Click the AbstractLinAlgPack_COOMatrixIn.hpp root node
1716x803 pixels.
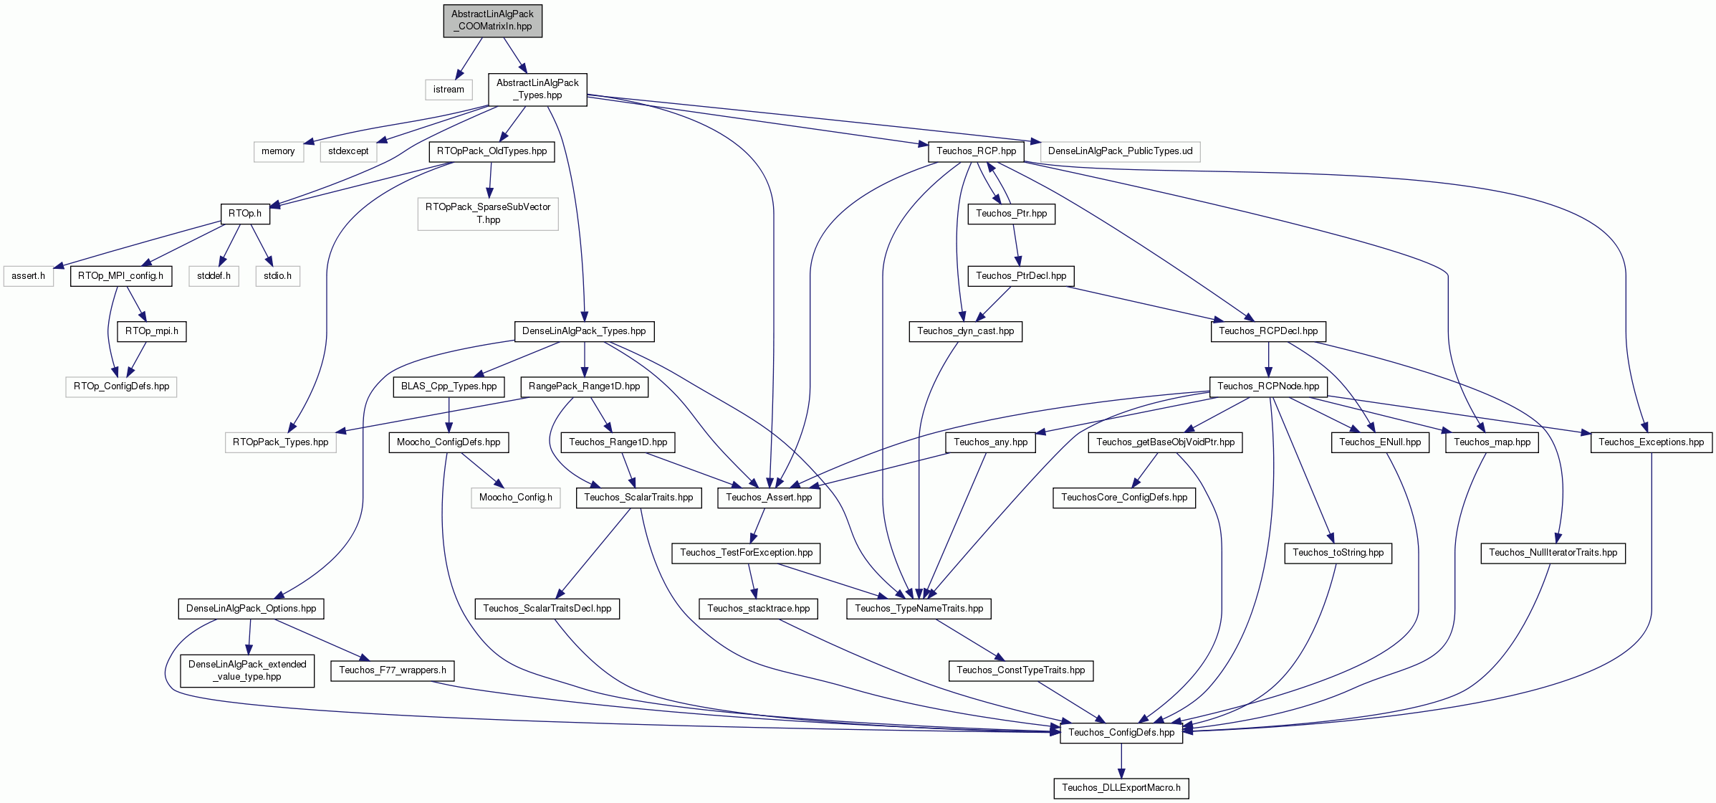(492, 20)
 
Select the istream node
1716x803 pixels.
(449, 90)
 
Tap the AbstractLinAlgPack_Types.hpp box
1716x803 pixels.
(537, 89)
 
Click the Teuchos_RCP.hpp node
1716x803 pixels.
(976, 151)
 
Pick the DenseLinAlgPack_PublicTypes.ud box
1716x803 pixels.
(1120, 151)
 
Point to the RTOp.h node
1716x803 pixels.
(244, 214)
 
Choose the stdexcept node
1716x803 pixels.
(348, 151)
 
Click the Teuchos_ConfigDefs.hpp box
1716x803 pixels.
(1121, 733)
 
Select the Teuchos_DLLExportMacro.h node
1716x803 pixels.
(1121, 788)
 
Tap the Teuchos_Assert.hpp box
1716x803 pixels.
(769, 498)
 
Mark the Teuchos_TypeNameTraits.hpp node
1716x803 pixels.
(919, 609)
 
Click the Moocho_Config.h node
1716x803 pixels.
(515, 498)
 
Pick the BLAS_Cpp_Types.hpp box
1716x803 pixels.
(449, 386)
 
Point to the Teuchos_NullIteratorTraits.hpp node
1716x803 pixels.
(1553, 553)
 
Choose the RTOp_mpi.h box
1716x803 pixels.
(152, 331)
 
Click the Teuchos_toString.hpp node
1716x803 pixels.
(1338, 553)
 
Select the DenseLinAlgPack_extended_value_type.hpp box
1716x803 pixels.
(247, 670)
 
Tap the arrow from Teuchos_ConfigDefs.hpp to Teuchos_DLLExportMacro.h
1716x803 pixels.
(1121, 760)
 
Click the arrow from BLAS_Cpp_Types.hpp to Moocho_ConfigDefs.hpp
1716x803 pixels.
(449, 414)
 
